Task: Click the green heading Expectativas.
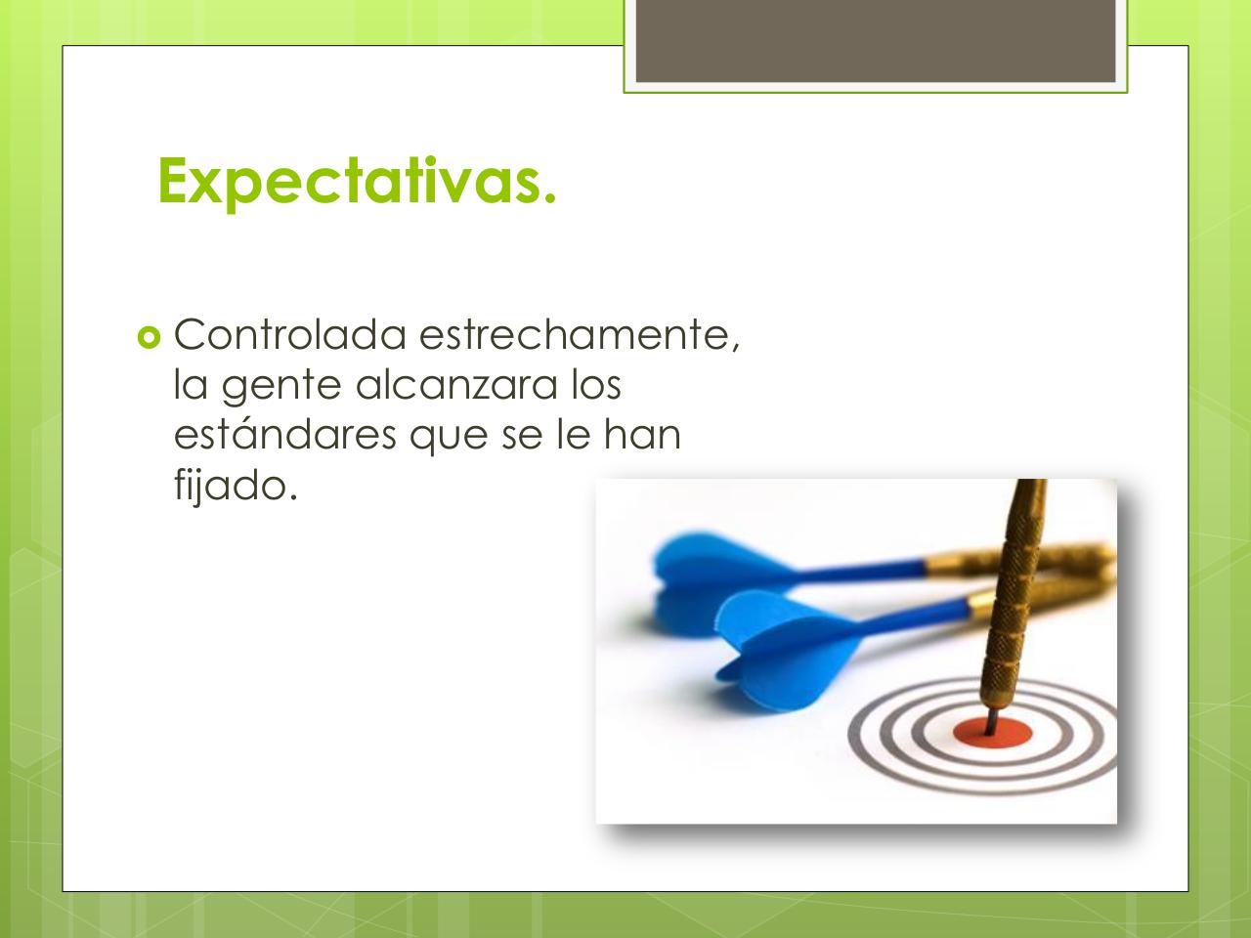click(357, 182)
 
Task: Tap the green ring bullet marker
click(149, 338)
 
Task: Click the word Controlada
click(289, 334)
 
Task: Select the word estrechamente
click(579, 336)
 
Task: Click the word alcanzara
click(456, 385)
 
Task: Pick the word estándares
click(285, 434)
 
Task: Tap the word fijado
click(236, 486)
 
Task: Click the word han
click(642, 435)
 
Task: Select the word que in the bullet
click(449, 438)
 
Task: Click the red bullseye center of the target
click(992, 732)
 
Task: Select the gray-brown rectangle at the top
click(876, 40)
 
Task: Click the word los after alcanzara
click(596, 385)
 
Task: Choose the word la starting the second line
click(191, 385)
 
